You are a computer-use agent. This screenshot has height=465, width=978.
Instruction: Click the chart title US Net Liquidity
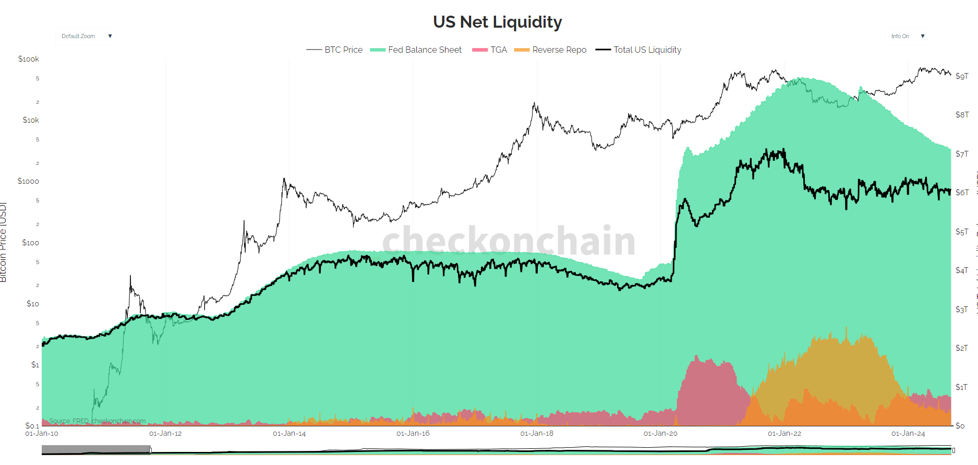(x=497, y=22)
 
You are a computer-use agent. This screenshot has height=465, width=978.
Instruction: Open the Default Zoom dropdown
(x=86, y=36)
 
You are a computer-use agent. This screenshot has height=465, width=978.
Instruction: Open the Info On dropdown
(x=907, y=36)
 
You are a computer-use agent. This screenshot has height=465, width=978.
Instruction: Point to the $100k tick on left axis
(x=29, y=59)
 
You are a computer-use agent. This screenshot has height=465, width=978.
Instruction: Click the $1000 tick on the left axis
(x=28, y=181)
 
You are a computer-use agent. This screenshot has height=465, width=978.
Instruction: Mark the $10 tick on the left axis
(x=32, y=304)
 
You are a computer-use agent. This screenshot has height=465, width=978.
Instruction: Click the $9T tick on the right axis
(x=962, y=76)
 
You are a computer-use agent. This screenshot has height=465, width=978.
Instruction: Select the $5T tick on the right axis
(x=962, y=231)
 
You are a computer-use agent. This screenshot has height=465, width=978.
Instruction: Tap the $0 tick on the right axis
(x=960, y=426)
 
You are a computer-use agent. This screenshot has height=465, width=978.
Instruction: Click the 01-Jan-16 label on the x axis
(x=413, y=434)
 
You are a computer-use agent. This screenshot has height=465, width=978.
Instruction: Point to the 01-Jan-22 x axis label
(x=784, y=434)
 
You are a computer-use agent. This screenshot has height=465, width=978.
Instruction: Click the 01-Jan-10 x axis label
(x=42, y=434)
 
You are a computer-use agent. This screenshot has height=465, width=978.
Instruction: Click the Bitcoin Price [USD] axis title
(x=4, y=242)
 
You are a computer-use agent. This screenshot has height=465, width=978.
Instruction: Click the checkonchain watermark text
(x=509, y=241)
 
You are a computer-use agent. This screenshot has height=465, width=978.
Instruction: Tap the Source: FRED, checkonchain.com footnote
(x=98, y=421)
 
